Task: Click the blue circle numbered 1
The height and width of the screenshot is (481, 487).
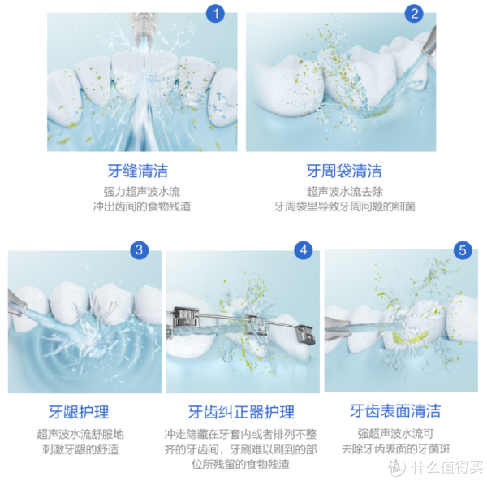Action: [215, 13]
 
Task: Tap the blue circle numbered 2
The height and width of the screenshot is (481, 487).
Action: [414, 13]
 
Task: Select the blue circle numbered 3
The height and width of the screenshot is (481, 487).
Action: [139, 249]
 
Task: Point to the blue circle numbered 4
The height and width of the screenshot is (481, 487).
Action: [304, 249]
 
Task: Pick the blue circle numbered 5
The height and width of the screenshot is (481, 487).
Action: [463, 250]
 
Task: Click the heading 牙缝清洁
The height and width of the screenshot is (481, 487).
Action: [138, 171]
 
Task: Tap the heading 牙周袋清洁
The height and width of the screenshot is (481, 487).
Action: [344, 171]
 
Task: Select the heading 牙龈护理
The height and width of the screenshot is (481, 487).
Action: [79, 412]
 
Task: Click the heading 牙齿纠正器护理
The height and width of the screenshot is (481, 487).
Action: [241, 412]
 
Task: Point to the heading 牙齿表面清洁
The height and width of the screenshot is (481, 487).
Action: [395, 411]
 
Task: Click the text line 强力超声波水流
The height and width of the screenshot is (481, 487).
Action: [142, 192]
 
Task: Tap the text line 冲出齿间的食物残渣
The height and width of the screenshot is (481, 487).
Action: [142, 206]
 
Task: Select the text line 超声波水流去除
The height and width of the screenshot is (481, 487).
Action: [345, 192]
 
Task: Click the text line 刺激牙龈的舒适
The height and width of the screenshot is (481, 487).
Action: [80, 449]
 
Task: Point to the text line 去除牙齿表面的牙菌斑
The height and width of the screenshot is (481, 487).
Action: [396, 449]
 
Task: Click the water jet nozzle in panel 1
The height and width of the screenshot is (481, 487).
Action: [143, 27]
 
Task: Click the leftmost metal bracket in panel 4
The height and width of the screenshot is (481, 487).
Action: [185, 318]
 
